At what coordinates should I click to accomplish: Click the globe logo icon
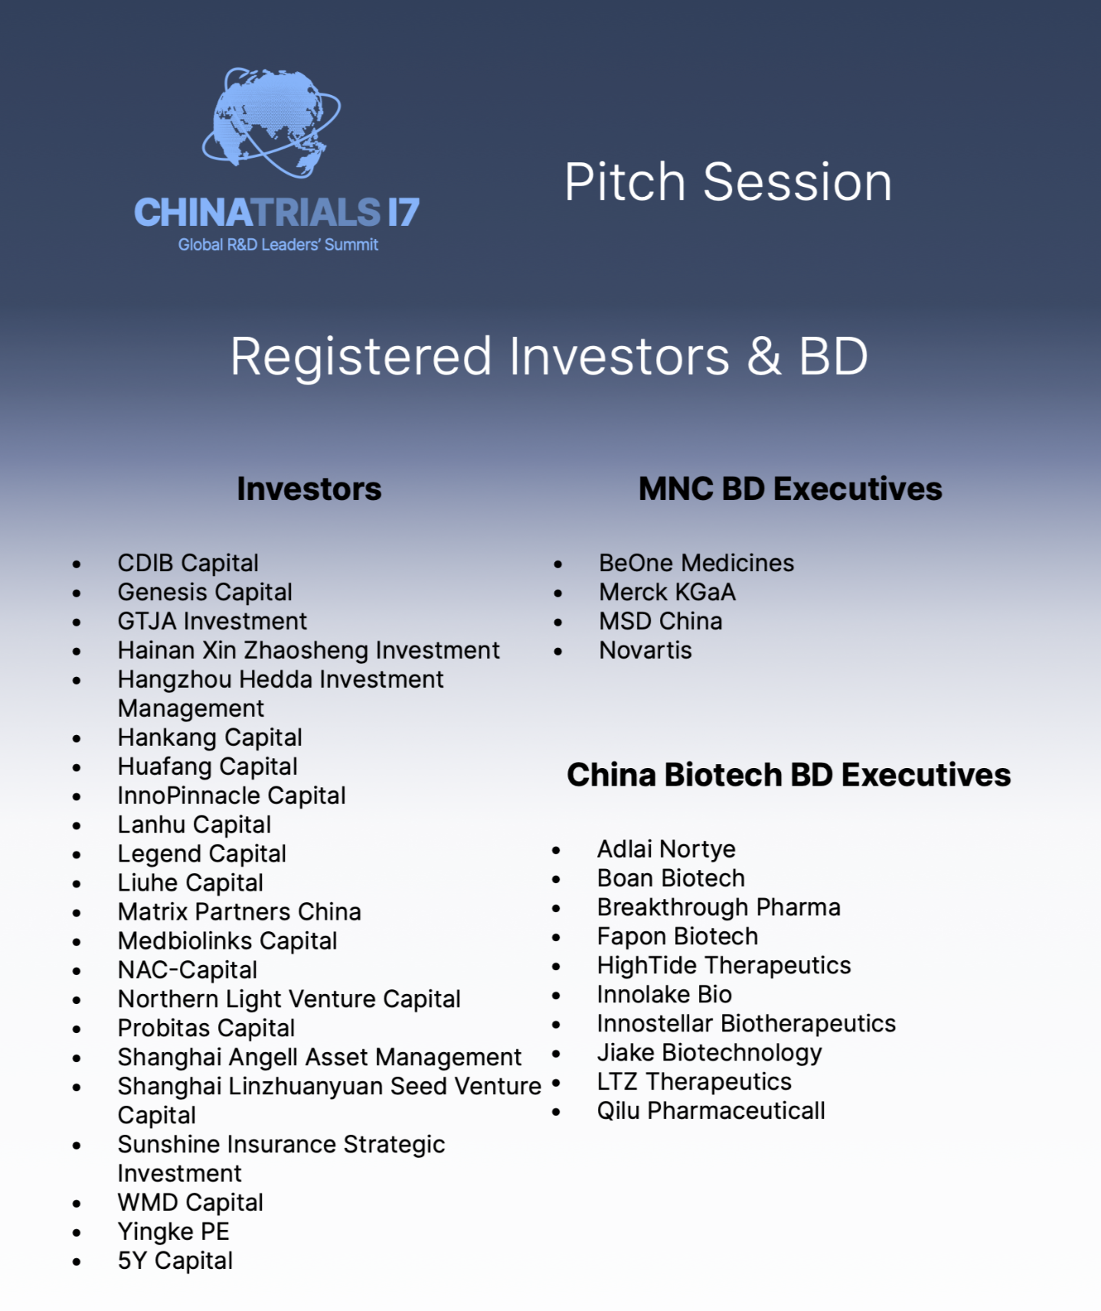click(271, 123)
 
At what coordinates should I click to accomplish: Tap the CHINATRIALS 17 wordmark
click(276, 213)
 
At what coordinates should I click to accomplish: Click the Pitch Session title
click(728, 182)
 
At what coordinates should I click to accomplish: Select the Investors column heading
click(309, 489)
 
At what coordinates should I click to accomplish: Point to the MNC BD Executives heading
click(790, 489)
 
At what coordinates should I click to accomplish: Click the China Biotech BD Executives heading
click(789, 775)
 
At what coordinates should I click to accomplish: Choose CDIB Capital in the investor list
click(188, 564)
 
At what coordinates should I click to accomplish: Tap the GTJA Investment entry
click(212, 621)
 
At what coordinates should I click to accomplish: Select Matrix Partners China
click(240, 912)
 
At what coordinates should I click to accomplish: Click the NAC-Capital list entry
click(188, 970)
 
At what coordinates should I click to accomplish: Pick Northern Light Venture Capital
click(289, 999)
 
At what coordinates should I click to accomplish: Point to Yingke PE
click(174, 1232)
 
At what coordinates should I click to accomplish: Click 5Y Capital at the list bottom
click(175, 1261)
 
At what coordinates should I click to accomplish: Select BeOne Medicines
click(697, 564)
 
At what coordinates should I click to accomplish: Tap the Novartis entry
click(645, 650)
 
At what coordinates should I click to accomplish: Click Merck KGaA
click(668, 592)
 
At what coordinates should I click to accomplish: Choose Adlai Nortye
click(666, 849)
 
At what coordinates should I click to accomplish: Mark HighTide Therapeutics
click(724, 966)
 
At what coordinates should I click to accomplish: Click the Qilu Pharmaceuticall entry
click(711, 1111)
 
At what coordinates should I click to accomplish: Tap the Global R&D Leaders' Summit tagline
click(279, 245)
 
